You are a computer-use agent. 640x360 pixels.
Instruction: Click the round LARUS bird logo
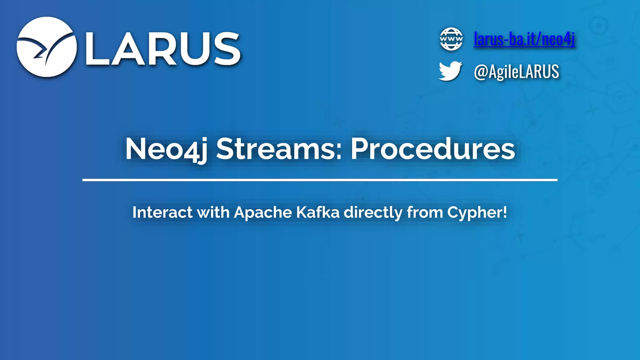click(47, 47)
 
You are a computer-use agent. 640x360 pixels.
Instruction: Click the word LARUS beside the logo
click(163, 49)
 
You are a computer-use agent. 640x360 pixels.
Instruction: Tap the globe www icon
click(451, 39)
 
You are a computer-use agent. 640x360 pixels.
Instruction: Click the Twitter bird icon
click(450, 71)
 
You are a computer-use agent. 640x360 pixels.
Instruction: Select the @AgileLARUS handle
click(516, 72)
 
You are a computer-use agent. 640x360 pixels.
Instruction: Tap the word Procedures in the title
click(433, 149)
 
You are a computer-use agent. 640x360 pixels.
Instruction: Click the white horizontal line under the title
click(320, 180)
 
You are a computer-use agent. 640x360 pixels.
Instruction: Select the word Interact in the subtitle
click(162, 212)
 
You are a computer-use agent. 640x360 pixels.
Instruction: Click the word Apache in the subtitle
click(263, 213)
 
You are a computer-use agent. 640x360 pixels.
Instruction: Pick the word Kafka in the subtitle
click(317, 212)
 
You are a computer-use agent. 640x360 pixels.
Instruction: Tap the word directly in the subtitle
click(373, 213)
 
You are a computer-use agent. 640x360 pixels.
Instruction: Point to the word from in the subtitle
click(425, 212)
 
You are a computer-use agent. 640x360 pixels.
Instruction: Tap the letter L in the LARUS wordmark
click(97, 49)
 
